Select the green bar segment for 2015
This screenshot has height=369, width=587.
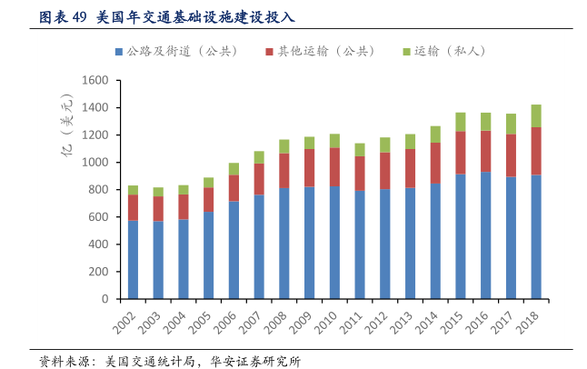[x=461, y=122]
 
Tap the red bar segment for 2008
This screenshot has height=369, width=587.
[x=284, y=171]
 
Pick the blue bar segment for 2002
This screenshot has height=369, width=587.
[x=134, y=259]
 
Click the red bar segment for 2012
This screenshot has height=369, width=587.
[x=385, y=171]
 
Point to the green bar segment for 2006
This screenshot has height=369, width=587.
[x=234, y=169]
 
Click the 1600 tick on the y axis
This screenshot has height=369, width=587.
[x=96, y=81]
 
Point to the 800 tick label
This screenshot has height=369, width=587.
[x=99, y=190]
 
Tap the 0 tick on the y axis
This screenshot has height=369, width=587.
[x=104, y=299]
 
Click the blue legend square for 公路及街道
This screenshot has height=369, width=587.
[x=119, y=52]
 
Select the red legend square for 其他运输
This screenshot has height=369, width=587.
[x=271, y=52]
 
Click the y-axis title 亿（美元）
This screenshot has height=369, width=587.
[x=66, y=136]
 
